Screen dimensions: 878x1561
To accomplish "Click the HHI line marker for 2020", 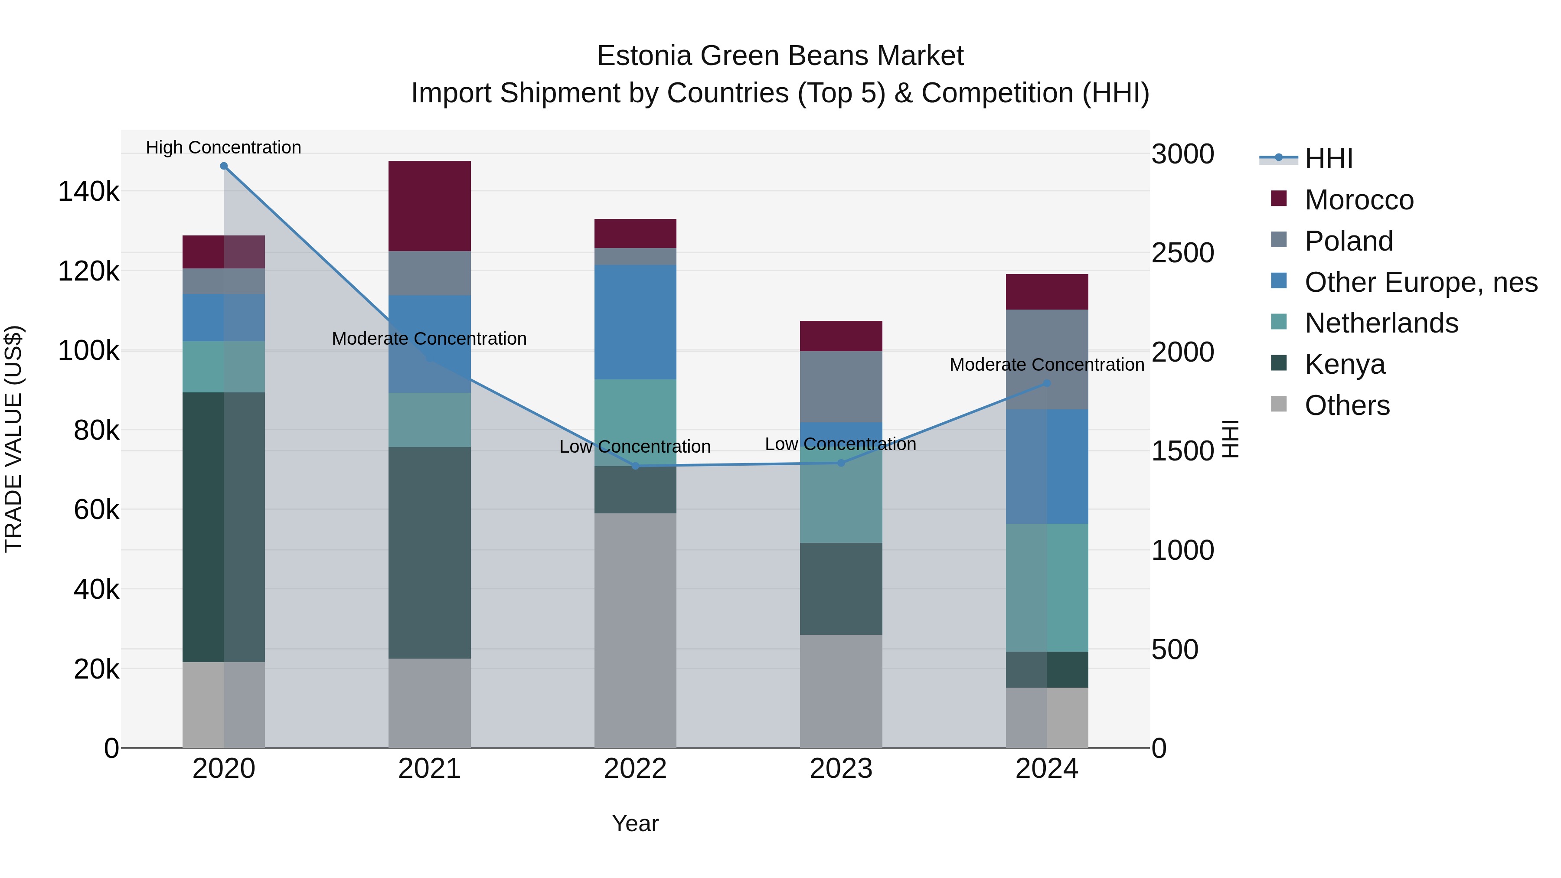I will click(224, 166).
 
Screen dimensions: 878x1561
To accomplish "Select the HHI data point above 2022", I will click(635, 466).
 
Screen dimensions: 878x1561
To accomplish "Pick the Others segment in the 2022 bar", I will click(635, 630).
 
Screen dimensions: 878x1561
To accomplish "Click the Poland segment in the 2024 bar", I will click(1047, 359).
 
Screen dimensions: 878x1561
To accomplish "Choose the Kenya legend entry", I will click(1345, 364).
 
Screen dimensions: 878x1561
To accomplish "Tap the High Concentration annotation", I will click(224, 147).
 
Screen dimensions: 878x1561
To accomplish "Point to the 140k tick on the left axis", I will click(88, 192).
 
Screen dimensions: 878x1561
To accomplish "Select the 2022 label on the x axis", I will click(635, 769).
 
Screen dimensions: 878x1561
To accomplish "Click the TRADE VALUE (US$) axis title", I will click(14, 439).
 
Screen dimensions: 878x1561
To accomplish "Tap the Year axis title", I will click(635, 823).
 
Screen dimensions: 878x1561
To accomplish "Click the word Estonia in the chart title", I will click(644, 56).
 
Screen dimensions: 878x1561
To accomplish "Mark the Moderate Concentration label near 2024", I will click(1047, 365).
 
